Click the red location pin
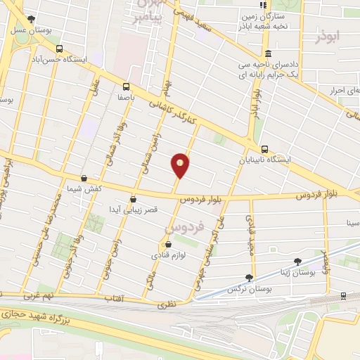(181, 165)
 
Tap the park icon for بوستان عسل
(30, 19)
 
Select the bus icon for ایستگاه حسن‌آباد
(59, 49)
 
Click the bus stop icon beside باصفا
(126, 87)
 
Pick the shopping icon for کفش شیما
(84, 179)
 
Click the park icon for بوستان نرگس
(249, 277)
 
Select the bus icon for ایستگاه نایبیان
(264, 149)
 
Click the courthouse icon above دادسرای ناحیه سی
(267, 53)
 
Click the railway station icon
(342, 296)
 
